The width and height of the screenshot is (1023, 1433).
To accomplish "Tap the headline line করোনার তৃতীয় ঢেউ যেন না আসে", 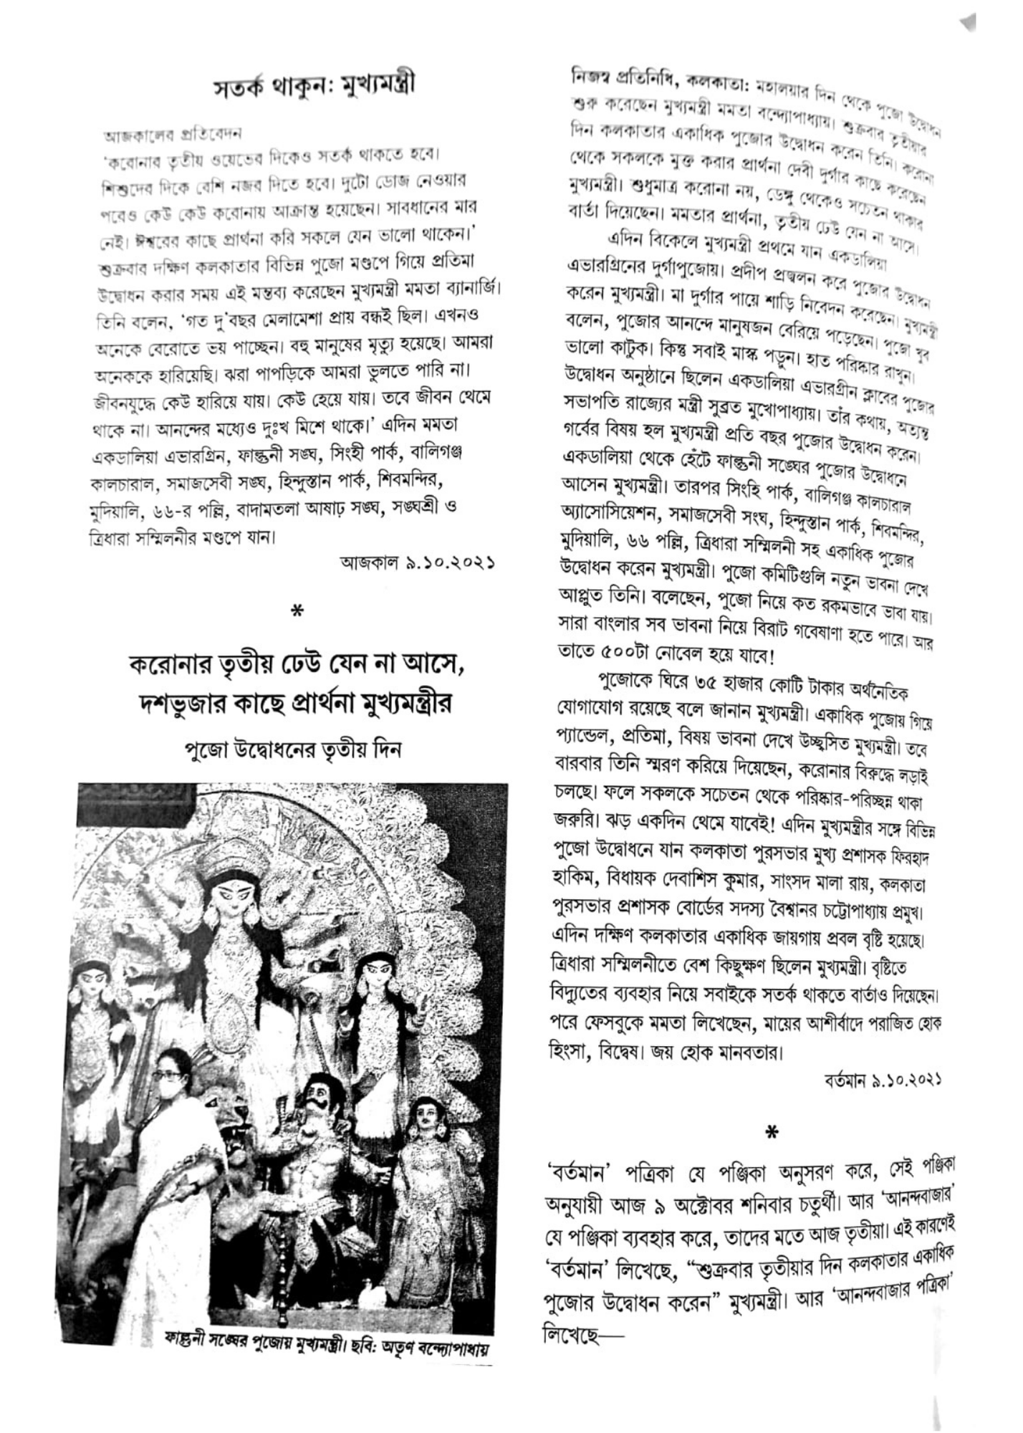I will tap(297, 666).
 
